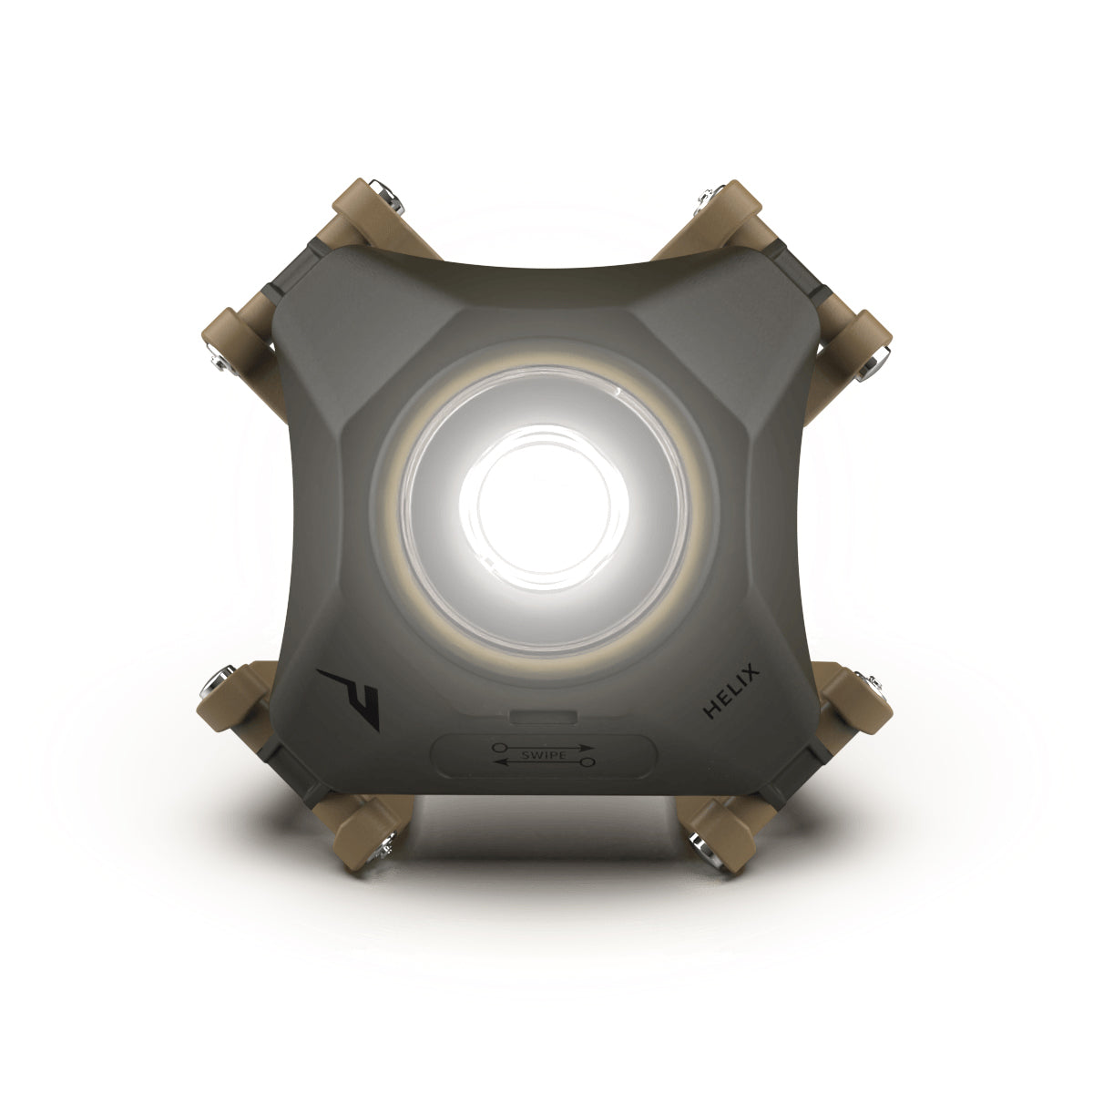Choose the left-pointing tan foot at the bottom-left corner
[x=228, y=696]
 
